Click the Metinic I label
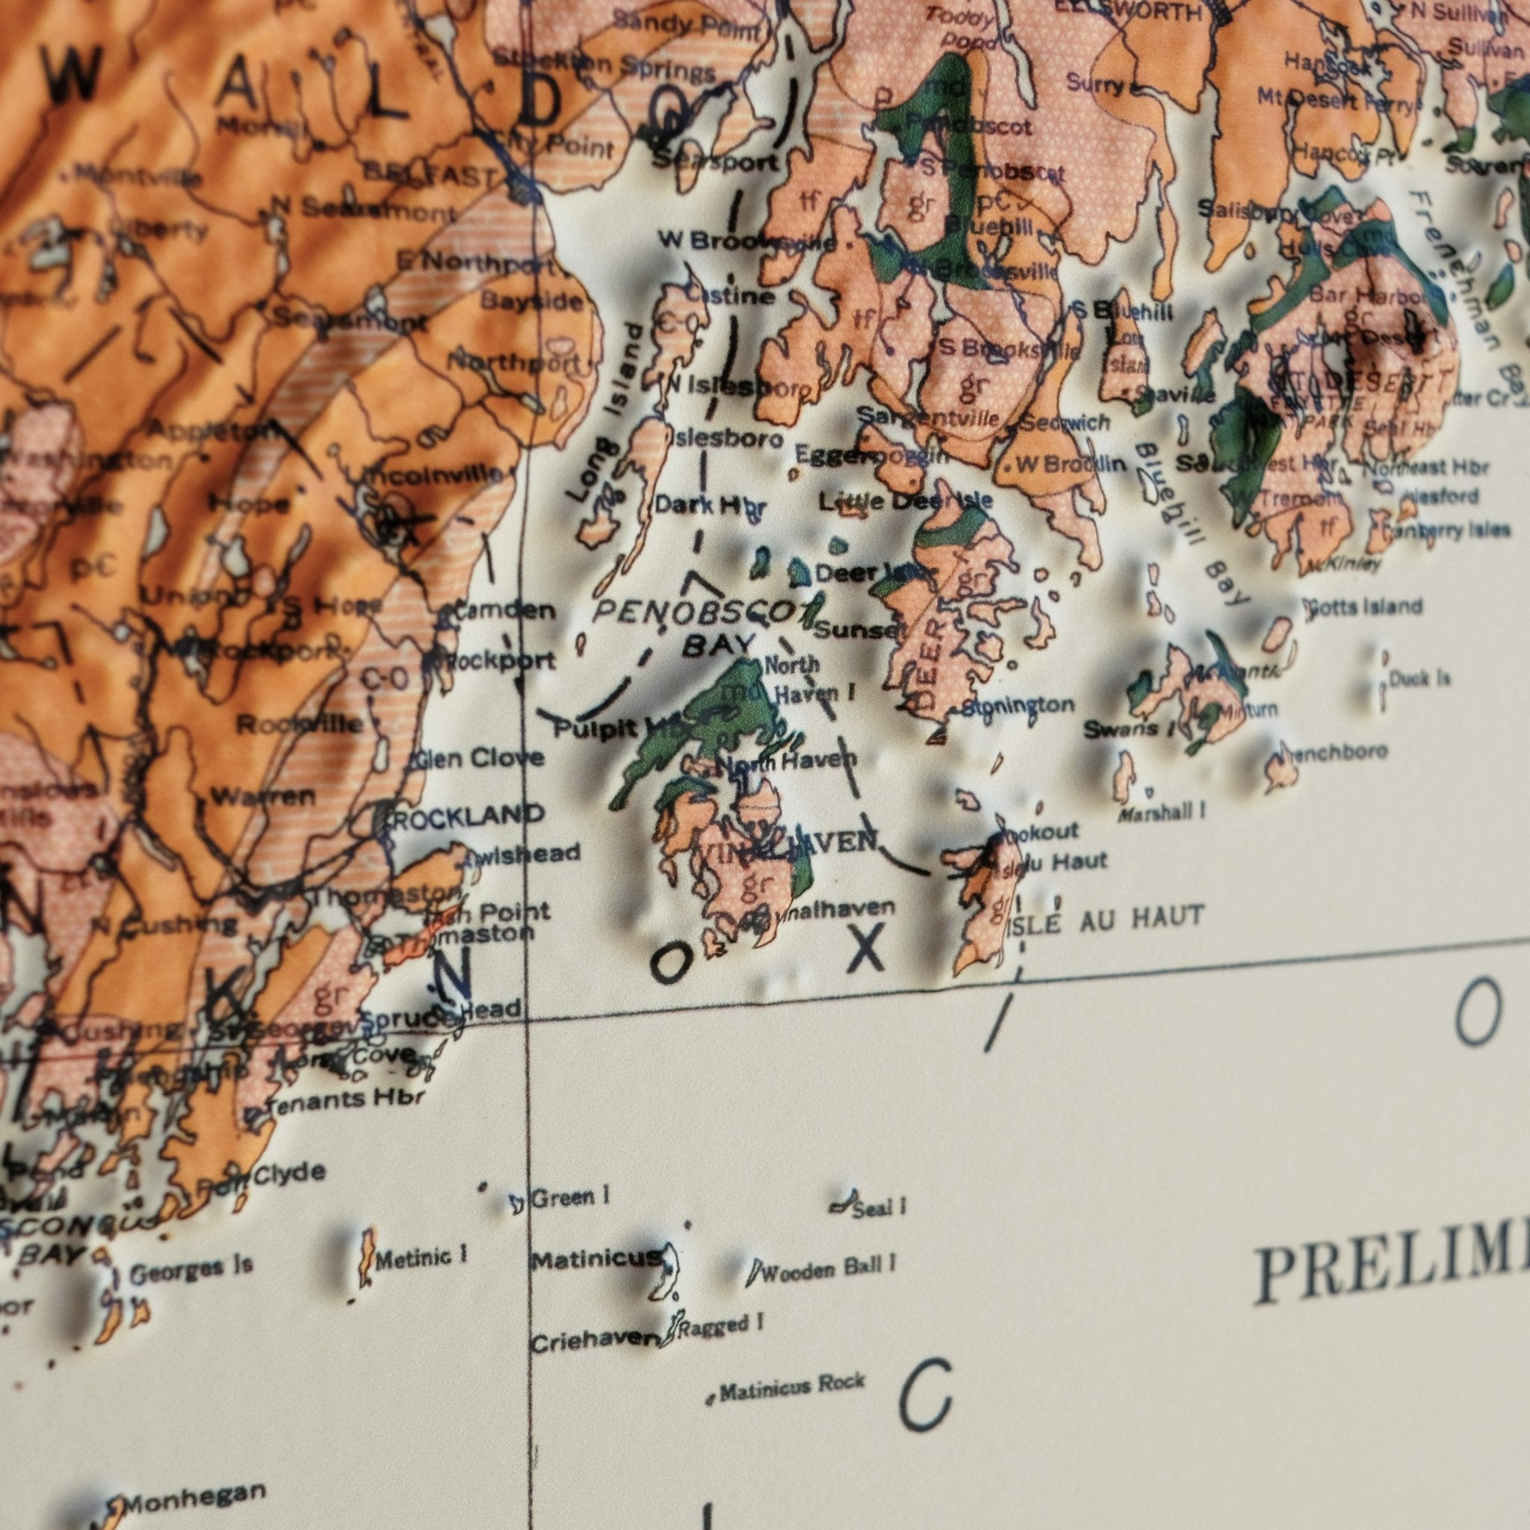coord(421,1257)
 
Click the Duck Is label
coord(1421,678)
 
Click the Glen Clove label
coord(480,759)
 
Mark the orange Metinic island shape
coord(366,1257)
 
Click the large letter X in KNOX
coord(865,950)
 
